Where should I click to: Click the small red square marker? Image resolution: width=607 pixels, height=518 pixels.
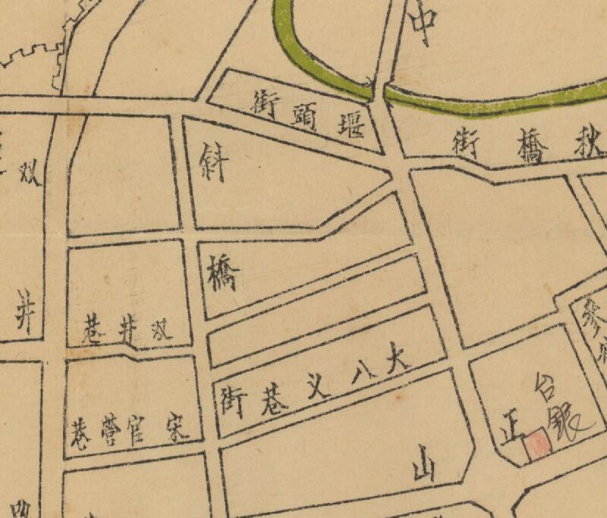(538, 444)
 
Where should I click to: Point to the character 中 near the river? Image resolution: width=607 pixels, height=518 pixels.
(422, 26)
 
